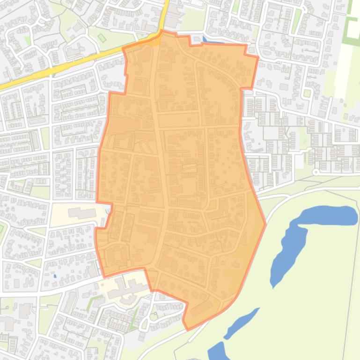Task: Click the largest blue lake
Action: click(300, 238)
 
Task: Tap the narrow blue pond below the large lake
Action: click(242, 322)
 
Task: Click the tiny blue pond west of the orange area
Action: click(55, 276)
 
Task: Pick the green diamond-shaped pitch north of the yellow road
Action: click(102, 38)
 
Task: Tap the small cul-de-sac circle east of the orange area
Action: click(316, 172)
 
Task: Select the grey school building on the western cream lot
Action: click(81, 213)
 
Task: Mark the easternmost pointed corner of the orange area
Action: click(265, 224)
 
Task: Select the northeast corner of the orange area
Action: click(257, 57)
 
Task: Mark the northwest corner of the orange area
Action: click(123, 49)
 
